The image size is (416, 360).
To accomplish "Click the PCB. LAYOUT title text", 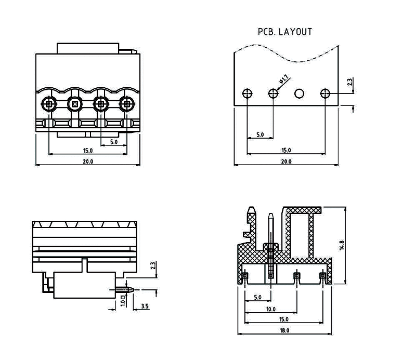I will point(285,32).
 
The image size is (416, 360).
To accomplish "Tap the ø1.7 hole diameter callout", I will point(284,79).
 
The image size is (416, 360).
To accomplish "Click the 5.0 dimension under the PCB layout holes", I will point(260,135).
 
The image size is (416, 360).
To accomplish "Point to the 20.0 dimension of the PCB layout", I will point(286,162).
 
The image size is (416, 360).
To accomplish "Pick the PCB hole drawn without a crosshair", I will point(299,94).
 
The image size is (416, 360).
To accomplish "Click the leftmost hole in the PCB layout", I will point(248,94).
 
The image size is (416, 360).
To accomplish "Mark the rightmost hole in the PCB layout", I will point(326,94).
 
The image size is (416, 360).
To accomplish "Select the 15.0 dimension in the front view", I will point(87,151).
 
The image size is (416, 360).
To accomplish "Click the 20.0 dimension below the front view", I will point(87,162).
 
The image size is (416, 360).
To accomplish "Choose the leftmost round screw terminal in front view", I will point(48,104).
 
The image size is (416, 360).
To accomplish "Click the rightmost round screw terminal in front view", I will point(126,104).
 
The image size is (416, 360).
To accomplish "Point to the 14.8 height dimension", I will point(341,245).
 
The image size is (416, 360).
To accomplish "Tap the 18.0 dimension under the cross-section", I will point(284,330).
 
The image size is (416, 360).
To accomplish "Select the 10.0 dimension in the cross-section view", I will point(270,309).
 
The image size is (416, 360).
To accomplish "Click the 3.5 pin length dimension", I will point(144,306).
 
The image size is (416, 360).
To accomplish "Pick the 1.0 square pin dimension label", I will point(122,301).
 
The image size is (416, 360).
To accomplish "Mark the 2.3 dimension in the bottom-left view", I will point(152,265).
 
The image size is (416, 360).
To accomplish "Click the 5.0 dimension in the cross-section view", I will point(257,298).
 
